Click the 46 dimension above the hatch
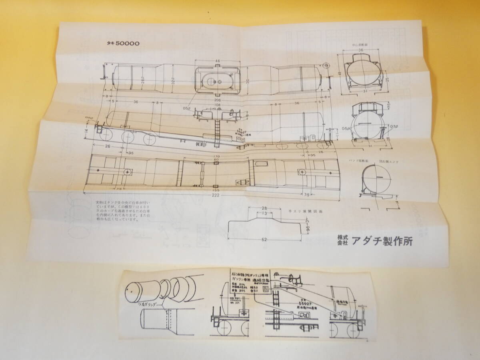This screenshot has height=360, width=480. pos(217,61)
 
